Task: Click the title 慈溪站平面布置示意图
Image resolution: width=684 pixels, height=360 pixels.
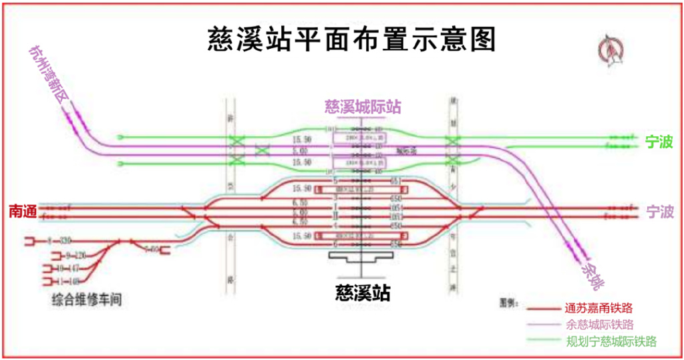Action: pyautogui.click(x=351, y=39)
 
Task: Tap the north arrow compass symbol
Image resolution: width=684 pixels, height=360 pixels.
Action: pyautogui.click(x=613, y=50)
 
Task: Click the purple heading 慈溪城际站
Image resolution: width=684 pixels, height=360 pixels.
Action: pyautogui.click(x=363, y=107)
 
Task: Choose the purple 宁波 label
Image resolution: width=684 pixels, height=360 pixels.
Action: pyautogui.click(x=660, y=212)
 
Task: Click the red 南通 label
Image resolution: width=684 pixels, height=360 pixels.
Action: pyautogui.click(x=21, y=211)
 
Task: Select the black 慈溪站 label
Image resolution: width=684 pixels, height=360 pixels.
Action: pyautogui.click(x=363, y=293)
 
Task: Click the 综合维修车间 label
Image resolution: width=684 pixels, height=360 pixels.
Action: pyautogui.click(x=87, y=301)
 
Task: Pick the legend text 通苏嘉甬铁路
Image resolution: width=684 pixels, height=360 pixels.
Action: pyautogui.click(x=598, y=309)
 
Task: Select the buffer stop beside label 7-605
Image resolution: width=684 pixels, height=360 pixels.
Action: pyautogui.click(x=166, y=250)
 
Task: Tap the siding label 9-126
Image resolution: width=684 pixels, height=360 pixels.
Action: pyautogui.click(x=76, y=255)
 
